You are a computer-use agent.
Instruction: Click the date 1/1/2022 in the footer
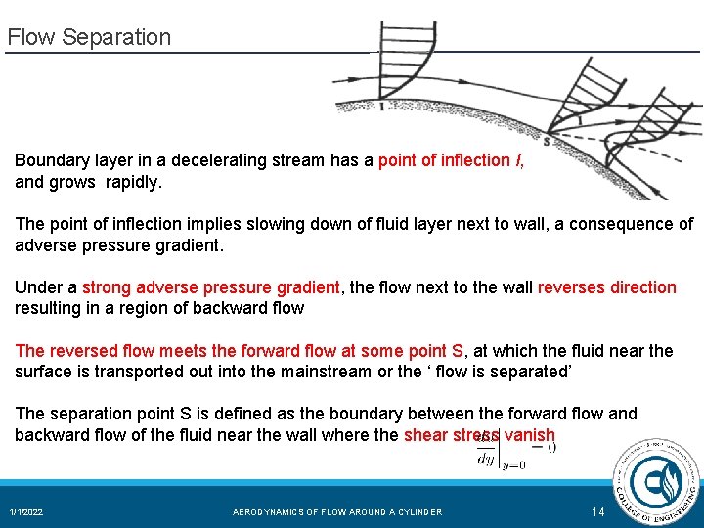pos(26,512)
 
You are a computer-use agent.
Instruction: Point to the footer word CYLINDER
pos(418,512)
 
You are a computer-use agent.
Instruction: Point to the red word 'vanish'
pos(530,435)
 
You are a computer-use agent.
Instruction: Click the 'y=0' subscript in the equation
pos(512,465)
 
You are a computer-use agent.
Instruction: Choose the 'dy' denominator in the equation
pos(485,458)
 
